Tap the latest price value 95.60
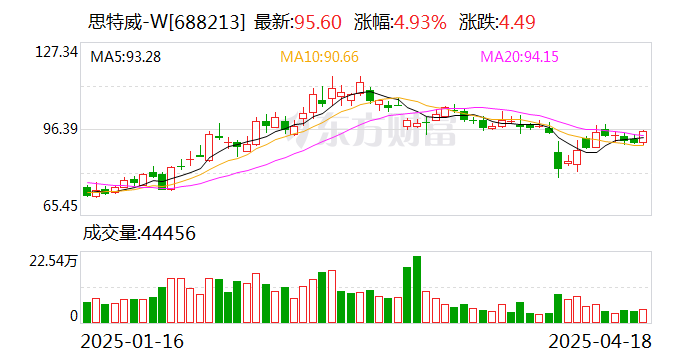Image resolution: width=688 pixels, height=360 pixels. coord(314,22)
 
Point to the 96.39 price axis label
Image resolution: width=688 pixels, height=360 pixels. coord(58,129)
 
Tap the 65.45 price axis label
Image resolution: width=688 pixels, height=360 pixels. coord(58,206)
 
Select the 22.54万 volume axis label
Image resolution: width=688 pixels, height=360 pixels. coord(51,262)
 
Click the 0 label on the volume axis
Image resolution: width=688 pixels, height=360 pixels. coord(73,316)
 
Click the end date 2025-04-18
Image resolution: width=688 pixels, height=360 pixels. coord(600,341)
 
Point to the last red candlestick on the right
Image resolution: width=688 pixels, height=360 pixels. coord(643,137)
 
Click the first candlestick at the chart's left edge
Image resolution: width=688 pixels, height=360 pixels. coord(87,190)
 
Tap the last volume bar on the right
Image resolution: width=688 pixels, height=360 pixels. coord(643,315)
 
